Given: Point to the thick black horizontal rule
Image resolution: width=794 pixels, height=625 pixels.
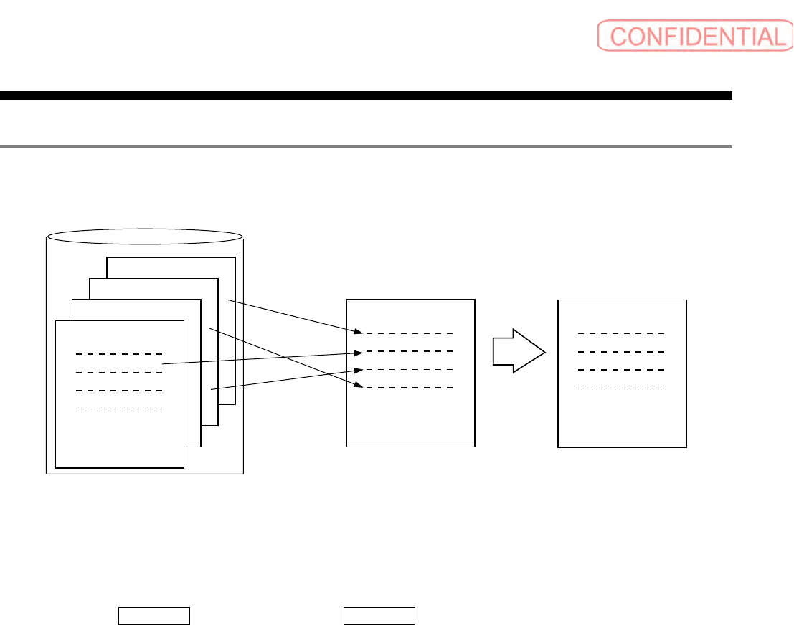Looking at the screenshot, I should coord(366,95).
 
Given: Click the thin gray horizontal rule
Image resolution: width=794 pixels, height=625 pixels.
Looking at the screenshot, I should coord(366,147).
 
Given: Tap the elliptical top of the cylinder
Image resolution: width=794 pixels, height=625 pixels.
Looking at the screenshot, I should coord(144,236).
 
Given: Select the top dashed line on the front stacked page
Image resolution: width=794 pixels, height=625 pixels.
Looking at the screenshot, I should coord(120,354).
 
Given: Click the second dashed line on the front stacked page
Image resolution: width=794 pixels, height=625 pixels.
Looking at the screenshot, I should coord(120,372).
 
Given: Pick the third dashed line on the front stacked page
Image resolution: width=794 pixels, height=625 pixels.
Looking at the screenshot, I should coord(120,391).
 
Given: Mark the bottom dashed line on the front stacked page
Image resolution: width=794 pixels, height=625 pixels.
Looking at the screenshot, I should coord(120,409).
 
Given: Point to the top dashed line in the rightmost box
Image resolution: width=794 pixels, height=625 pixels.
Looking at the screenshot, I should coord(622,333).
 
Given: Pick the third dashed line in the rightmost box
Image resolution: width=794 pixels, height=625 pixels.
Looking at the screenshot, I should coord(622,370).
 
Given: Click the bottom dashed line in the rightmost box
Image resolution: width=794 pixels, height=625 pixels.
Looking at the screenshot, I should coord(622,388).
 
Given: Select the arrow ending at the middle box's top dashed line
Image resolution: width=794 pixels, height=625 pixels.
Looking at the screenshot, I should coord(294,317).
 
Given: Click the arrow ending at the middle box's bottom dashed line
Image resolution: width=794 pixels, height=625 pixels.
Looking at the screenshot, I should coord(283,358).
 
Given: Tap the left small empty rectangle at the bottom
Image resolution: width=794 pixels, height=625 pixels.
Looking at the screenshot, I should coord(153,616).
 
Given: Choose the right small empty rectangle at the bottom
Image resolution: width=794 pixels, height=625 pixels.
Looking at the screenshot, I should coord(379,616).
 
